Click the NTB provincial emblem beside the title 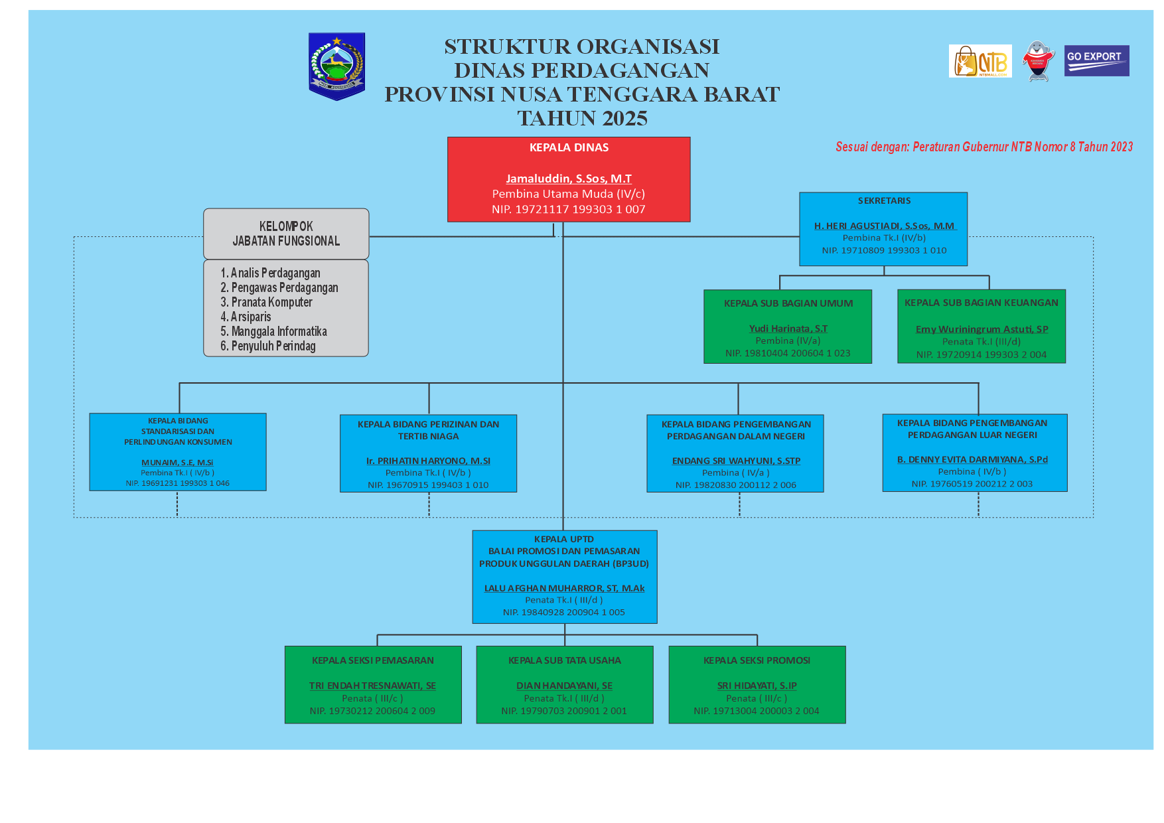tap(336, 66)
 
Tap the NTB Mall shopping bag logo tap(980, 61)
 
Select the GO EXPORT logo tap(1096, 60)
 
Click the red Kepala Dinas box tap(569, 179)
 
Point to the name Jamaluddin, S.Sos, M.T tap(569, 179)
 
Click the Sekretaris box tap(883, 229)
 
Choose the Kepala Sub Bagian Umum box tap(788, 327)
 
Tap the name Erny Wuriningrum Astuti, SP tap(982, 329)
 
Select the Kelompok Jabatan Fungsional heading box tap(286, 234)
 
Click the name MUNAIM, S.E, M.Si tap(177, 463)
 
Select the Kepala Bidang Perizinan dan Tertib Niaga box tap(428, 453)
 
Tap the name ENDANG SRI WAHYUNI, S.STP tap(736, 461)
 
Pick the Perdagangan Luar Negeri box tap(974, 453)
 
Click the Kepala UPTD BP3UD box tap(564, 576)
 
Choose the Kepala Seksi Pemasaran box tap(373, 684)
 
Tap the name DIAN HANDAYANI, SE tap(564, 686)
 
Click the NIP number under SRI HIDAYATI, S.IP tap(757, 711)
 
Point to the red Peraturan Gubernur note tap(983, 147)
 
